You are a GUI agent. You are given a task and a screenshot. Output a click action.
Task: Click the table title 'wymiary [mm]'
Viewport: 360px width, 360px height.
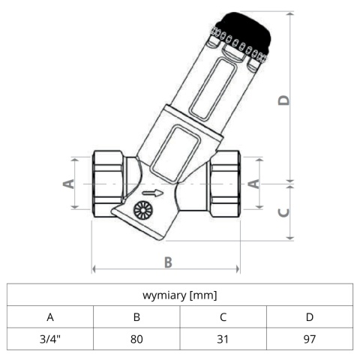coord(180,295)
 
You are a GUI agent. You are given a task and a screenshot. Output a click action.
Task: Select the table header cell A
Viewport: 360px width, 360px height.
coord(50,317)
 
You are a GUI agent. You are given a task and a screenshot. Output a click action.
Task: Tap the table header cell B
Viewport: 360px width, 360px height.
coord(136,317)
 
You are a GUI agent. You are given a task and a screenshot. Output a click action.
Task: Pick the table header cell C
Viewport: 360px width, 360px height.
coord(223,317)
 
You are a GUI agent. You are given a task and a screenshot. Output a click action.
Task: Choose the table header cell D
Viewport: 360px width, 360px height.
coord(310,317)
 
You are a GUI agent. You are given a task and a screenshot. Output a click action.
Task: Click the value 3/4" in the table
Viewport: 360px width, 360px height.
coord(50,339)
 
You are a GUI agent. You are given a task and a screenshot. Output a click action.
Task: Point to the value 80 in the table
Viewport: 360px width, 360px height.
coord(136,339)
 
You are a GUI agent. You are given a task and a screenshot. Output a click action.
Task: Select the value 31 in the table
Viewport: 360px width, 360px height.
coord(223,339)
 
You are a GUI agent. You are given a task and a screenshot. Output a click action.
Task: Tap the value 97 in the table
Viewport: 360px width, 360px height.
coord(310,339)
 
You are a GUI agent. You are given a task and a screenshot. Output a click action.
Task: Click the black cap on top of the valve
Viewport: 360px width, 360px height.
coord(246,33)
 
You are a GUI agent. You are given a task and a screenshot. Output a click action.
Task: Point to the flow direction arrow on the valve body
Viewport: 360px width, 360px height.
coord(153,193)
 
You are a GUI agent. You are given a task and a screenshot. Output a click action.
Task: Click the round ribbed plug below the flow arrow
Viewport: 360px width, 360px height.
coord(142,210)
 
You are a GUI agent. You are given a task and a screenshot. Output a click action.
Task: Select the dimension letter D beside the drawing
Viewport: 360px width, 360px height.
coord(283,100)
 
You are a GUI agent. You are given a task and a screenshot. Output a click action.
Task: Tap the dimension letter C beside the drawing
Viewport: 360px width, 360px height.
coord(283,212)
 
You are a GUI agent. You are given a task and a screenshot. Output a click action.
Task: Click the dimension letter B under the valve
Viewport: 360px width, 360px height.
coord(168,262)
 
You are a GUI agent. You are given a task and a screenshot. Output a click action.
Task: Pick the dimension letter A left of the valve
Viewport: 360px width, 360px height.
coord(68,184)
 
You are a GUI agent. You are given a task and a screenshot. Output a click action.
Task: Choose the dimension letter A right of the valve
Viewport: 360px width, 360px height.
coord(253,184)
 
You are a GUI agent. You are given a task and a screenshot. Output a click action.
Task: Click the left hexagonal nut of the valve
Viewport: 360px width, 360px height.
coord(108,184)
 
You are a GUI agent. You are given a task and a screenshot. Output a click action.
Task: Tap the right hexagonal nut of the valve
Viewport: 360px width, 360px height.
coord(224,184)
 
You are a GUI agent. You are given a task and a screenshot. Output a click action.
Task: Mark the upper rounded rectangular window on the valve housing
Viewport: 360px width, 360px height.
coord(214,88)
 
